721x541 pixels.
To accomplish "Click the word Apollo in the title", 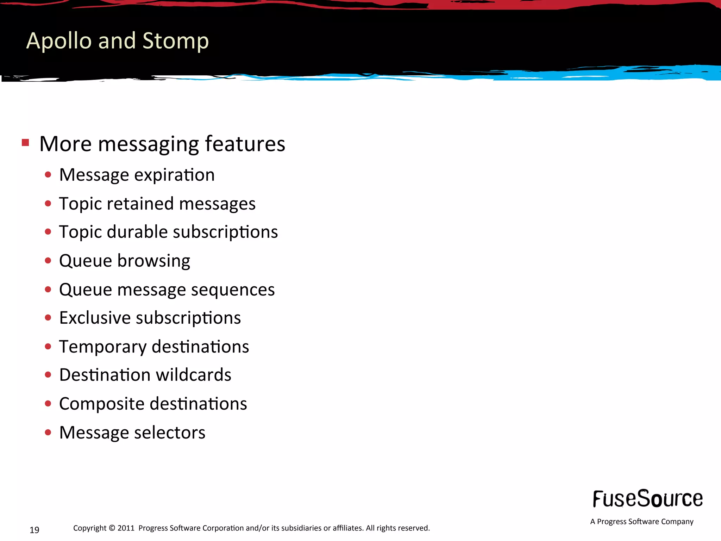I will coord(59,41).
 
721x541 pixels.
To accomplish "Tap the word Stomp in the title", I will coord(176,41).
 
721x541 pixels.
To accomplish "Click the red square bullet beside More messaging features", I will coord(25,143).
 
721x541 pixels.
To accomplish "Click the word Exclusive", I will coord(95,318).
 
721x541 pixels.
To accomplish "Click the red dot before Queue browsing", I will coord(48,261).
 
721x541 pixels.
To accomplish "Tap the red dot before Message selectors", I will coord(48,432).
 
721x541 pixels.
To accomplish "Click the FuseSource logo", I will coord(647,499).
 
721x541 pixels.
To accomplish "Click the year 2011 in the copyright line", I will coord(126,528).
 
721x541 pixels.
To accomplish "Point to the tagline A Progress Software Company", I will coord(641,522).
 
